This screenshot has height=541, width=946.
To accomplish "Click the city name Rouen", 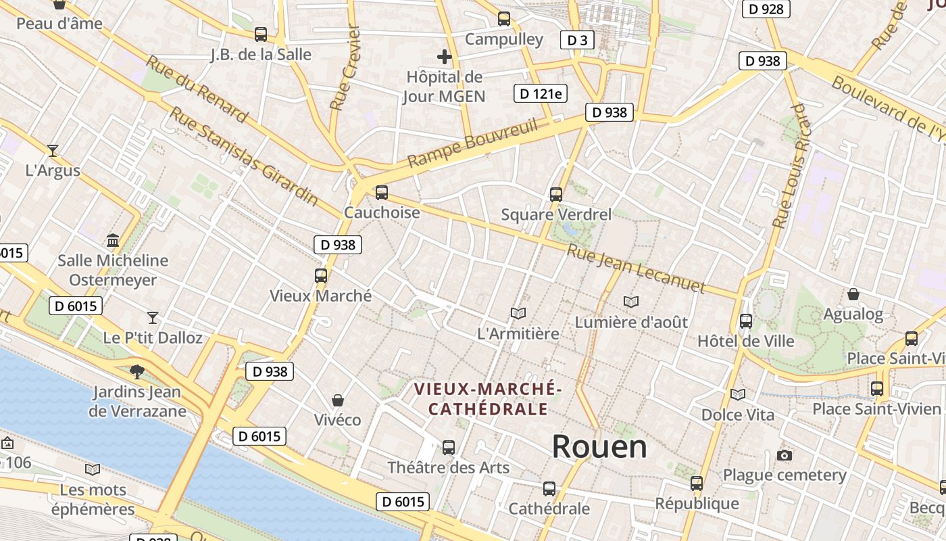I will pos(599,447).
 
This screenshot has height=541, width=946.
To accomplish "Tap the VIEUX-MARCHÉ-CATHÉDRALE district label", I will pos(488,399).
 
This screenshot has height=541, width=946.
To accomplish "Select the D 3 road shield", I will pos(577,41).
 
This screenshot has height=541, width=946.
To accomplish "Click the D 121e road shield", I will pos(540,93).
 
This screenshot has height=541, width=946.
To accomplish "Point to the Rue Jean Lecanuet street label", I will pos(635,269).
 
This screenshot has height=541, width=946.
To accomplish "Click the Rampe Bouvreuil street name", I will pos(472,143).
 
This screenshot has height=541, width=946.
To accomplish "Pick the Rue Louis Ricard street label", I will pos(790,166).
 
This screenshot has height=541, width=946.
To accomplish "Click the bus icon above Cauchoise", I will pos(382,193).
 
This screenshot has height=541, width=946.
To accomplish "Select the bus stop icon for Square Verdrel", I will pos(556,195).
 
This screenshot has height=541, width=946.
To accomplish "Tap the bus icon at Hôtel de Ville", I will pos(746,321).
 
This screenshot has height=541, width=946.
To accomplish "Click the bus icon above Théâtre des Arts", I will pos(448,447).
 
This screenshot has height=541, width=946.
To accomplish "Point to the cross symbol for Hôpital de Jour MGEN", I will pos(444,57).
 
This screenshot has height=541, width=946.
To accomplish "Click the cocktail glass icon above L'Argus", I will pos(53,150).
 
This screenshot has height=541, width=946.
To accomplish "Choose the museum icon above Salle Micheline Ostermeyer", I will pos(113,240).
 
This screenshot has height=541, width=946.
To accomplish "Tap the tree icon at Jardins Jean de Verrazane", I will pos(137,371).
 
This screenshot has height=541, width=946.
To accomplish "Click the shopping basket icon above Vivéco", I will pos(338,400).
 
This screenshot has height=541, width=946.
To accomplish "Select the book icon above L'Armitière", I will pos(518,314).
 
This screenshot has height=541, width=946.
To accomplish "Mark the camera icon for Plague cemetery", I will pos(785,455).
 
